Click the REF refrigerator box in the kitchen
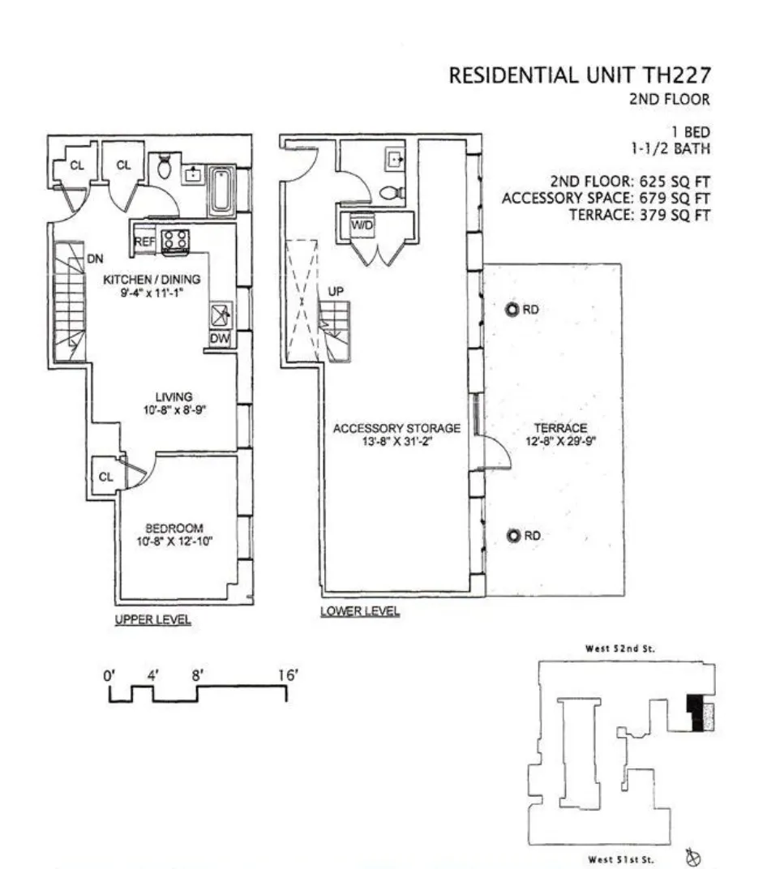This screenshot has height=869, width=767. click(x=145, y=242)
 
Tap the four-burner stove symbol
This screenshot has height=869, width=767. click(x=175, y=241)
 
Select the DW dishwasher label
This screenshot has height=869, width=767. click(x=220, y=339)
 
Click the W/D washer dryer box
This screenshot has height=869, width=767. click(x=361, y=226)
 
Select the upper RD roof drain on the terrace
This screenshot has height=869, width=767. click(x=512, y=310)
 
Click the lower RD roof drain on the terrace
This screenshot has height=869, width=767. click(x=512, y=536)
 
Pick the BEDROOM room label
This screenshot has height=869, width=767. click(x=174, y=528)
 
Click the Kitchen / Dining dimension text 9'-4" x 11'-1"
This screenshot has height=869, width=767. click(x=151, y=293)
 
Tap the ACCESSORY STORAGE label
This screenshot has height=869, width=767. click(x=396, y=428)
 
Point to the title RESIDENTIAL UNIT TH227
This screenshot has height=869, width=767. click(x=580, y=75)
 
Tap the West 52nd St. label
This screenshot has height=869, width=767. click(x=619, y=649)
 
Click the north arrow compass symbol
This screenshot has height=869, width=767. click(x=693, y=856)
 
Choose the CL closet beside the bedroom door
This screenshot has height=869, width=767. click(x=105, y=477)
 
